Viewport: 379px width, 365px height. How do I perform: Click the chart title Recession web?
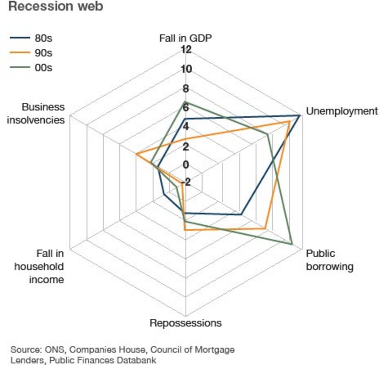click(x=56, y=7)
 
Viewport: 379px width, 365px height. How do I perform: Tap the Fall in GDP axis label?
click(x=185, y=38)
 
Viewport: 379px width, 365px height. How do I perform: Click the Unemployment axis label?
click(x=342, y=111)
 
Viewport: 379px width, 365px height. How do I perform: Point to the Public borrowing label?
click(x=330, y=260)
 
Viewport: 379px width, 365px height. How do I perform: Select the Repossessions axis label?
click(x=186, y=323)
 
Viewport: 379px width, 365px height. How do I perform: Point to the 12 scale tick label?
click(x=186, y=49)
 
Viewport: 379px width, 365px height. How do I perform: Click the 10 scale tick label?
click(x=186, y=69)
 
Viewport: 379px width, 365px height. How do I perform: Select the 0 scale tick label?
click(x=186, y=165)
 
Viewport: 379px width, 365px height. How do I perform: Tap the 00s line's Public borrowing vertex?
click(x=292, y=244)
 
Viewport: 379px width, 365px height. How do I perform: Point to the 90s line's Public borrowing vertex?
click(x=265, y=228)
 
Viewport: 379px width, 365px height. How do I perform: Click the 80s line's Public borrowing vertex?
click(x=241, y=214)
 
